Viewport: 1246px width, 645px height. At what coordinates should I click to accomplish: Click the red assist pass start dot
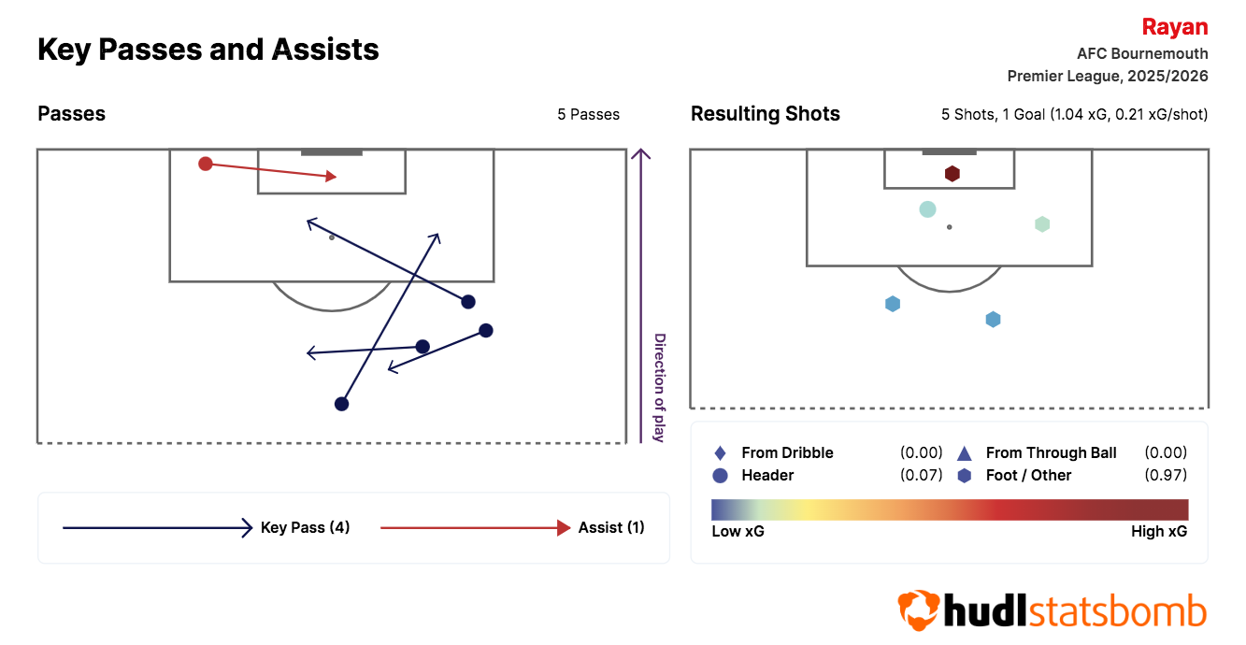click(206, 164)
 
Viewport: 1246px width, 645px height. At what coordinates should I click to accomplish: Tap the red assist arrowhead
click(331, 177)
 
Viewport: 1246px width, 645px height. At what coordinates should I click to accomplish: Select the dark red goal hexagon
click(952, 174)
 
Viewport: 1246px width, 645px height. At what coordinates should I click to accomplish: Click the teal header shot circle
click(927, 209)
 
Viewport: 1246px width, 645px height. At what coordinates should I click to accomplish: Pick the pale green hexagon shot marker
click(1042, 224)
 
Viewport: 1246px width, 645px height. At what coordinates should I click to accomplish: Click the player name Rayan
click(1175, 27)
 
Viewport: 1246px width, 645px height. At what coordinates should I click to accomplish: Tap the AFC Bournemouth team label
click(1142, 53)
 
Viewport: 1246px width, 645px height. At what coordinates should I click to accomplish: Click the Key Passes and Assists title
click(208, 50)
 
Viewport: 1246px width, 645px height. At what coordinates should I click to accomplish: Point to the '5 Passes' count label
click(588, 114)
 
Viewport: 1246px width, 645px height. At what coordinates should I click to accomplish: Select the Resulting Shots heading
click(765, 113)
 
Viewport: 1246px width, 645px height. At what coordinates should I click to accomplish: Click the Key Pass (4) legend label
click(305, 527)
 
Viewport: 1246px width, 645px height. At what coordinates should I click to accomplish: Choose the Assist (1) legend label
click(610, 527)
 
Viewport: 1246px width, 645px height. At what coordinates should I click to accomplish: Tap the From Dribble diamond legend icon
click(720, 453)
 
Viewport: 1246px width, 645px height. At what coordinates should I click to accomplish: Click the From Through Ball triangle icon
click(964, 453)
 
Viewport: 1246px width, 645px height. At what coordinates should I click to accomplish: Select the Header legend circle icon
click(720, 475)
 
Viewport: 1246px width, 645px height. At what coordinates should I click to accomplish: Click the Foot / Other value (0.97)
click(1166, 475)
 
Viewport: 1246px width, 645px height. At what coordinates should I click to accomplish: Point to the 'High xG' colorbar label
click(1159, 532)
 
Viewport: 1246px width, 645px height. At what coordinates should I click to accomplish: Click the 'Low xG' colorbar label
click(738, 532)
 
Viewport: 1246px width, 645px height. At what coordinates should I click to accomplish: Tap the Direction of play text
click(660, 388)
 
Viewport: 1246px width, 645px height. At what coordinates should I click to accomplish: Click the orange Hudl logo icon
click(918, 610)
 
